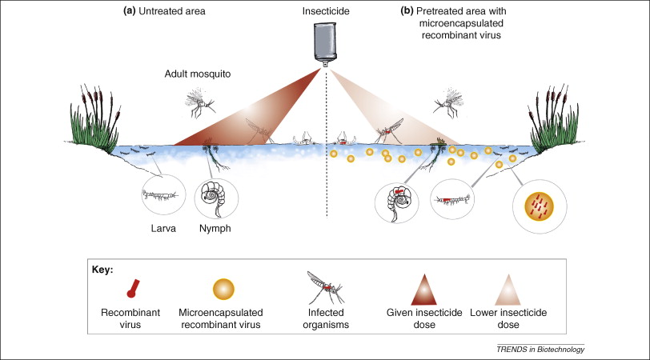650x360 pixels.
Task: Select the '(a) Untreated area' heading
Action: [175, 11]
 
